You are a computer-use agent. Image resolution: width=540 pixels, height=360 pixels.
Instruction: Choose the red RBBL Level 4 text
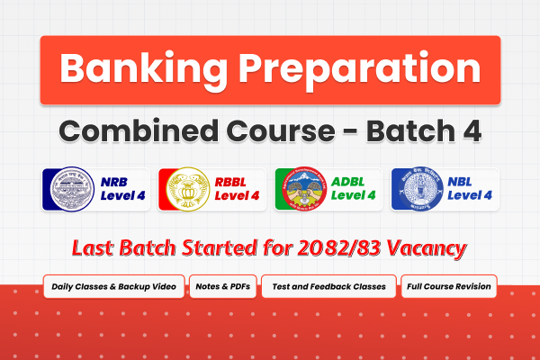click(x=234, y=189)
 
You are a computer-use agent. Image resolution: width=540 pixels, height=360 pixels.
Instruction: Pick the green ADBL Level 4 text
click(x=351, y=189)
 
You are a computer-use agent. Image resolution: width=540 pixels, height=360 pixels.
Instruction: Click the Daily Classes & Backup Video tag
click(x=114, y=287)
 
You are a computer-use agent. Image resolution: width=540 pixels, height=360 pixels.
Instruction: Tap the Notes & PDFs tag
click(x=223, y=287)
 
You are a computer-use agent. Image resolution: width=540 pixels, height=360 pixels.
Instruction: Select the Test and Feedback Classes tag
click(x=328, y=287)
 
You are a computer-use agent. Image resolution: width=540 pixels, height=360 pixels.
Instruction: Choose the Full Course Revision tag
click(x=448, y=287)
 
